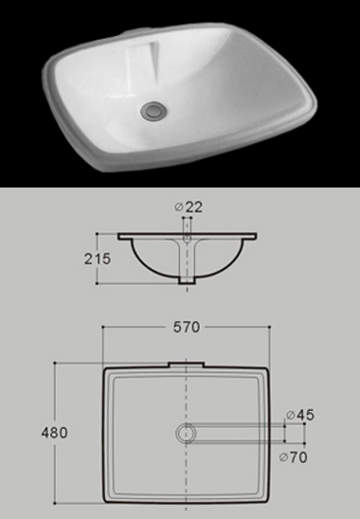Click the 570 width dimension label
(x=186, y=328)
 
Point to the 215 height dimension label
(x=98, y=258)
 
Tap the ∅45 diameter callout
(x=299, y=414)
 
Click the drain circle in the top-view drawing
(x=185, y=432)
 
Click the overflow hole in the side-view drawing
(x=186, y=228)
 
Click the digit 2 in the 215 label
(x=89, y=258)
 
